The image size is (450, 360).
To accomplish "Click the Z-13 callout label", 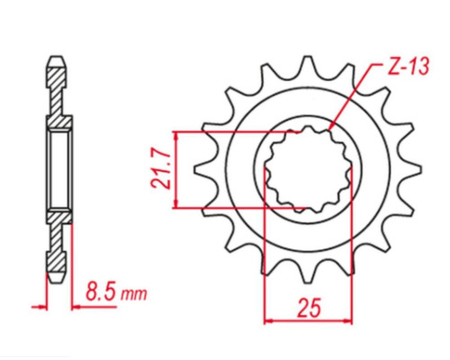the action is (x=409, y=67).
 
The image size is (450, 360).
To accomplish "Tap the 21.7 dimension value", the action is (x=161, y=169).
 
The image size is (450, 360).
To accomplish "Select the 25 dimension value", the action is (x=309, y=308).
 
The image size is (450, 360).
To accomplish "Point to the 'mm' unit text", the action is (x=133, y=294).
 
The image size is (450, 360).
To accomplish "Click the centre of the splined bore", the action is (x=308, y=169).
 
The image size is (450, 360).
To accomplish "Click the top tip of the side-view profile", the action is (x=57, y=57).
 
